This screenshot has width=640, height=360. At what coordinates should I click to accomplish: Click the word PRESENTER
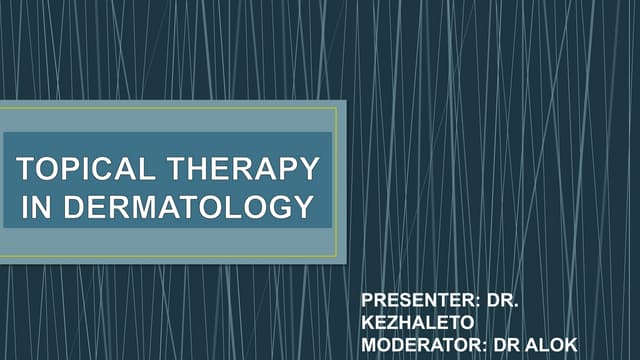407,300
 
